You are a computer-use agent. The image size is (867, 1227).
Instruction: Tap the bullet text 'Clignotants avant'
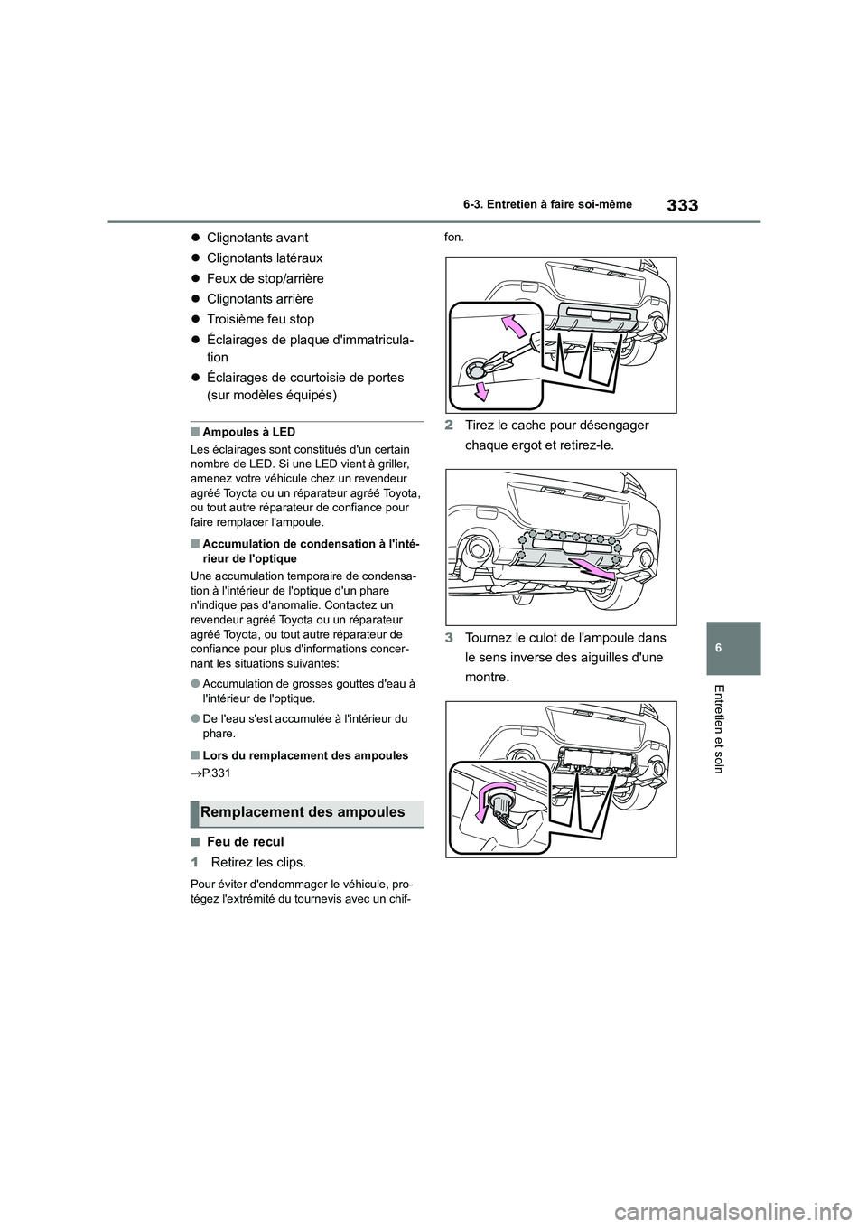pyautogui.click(x=257, y=238)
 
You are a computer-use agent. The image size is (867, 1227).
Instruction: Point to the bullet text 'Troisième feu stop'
pyautogui.click(x=260, y=319)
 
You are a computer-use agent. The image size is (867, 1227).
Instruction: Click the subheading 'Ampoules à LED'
pyautogui.click(x=249, y=432)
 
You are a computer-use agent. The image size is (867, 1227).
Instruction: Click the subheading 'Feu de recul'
pyautogui.click(x=245, y=841)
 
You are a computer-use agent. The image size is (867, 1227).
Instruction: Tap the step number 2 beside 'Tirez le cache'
pyautogui.click(x=450, y=426)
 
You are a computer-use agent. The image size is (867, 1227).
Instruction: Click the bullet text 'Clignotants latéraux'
pyautogui.click(x=265, y=258)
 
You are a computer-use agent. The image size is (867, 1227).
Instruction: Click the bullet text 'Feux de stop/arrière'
pyautogui.click(x=265, y=278)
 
